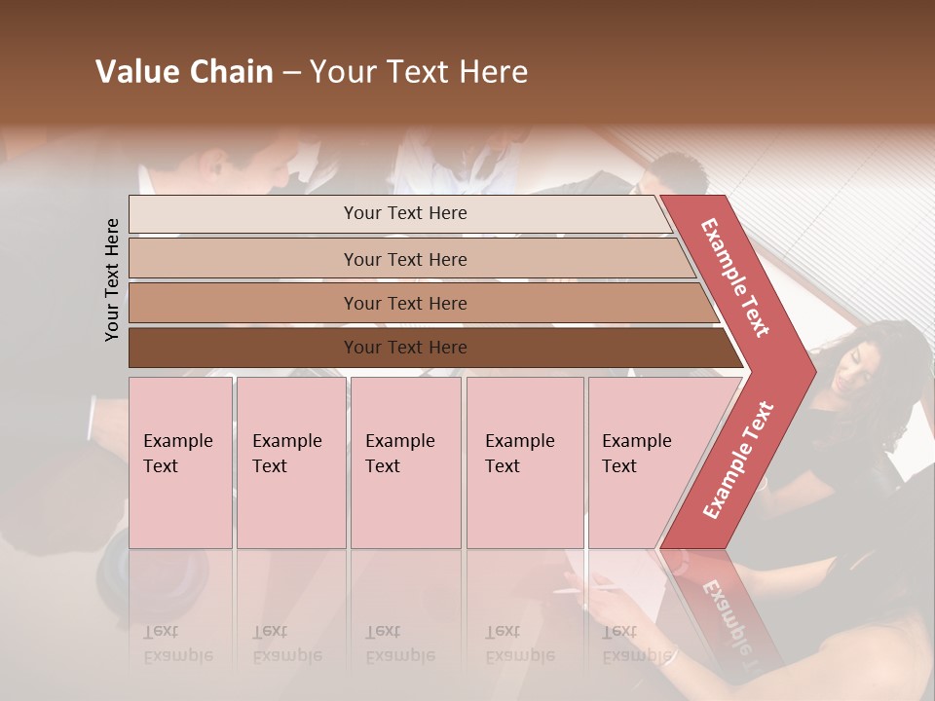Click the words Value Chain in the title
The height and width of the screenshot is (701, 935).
tap(184, 72)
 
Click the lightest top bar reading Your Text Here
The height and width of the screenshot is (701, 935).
tap(404, 213)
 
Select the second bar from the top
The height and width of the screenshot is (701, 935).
tap(404, 259)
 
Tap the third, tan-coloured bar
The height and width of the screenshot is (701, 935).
tap(404, 303)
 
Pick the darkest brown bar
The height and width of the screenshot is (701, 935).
tap(404, 348)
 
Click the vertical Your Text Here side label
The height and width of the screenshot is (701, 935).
tap(112, 279)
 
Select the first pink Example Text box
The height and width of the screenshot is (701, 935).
tap(180, 461)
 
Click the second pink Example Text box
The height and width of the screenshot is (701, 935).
tap(290, 461)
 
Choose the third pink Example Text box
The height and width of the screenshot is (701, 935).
tap(404, 461)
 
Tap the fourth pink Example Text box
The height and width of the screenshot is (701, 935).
tap(524, 461)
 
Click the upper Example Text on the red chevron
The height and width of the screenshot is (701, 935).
tap(735, 277)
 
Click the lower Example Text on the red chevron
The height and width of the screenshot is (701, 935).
tap(738, 460)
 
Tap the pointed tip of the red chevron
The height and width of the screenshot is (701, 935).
tap(810, 371)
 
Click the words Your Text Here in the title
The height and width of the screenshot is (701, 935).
tap(419, 72)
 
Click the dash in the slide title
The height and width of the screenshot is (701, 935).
tap(291, 73)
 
